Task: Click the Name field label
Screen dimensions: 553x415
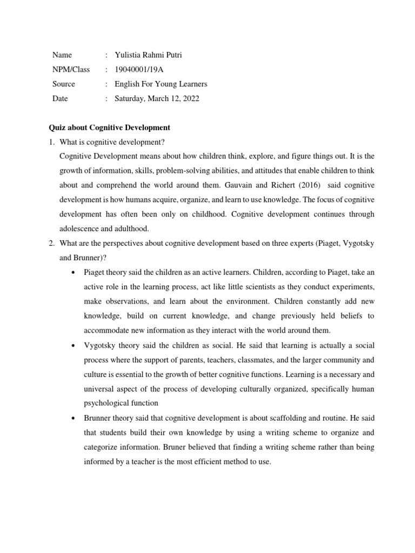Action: pyautogui.click(x=62, y=55)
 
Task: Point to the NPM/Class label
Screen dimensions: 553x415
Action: pyautogui.click(x=71, y=70)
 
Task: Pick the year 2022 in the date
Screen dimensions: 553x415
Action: pyautogui.click(x=190, y=99)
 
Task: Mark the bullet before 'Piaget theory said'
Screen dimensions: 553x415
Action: pyautogui.click(x=73, y=258)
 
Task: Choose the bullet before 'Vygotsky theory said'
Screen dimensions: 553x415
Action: pyautogui.click(x=73, y=345)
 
